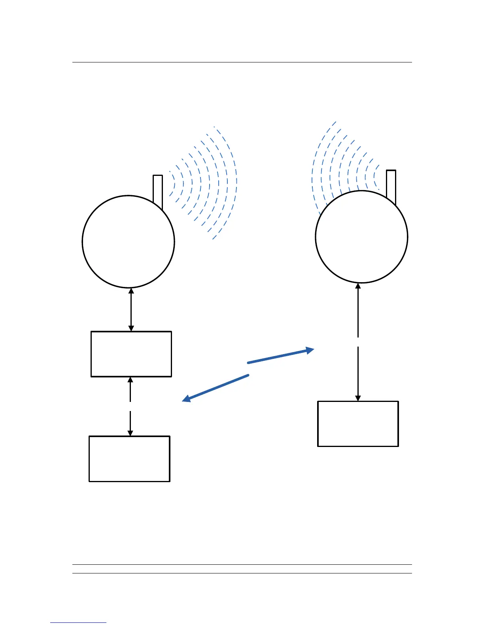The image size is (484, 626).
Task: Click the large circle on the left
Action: point(128,241)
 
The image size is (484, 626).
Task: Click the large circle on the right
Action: point(361,237)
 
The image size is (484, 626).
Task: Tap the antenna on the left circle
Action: point(158,190)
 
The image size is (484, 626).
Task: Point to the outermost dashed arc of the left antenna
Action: point(236,182)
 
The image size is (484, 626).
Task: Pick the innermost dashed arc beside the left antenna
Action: point(174,183)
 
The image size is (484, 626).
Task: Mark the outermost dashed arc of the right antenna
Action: point(313,174)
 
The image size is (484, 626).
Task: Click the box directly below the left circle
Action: point(131,354)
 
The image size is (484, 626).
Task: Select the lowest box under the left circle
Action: point(130,458)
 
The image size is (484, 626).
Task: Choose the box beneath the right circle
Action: point(358,424)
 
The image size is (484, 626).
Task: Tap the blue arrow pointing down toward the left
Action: point(216,388)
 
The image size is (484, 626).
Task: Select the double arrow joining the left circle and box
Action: point(131,309)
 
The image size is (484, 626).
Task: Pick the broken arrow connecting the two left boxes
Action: point(130,406)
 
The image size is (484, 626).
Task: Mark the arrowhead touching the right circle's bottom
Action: point(358,287)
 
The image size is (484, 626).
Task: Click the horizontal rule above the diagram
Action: point(242,62)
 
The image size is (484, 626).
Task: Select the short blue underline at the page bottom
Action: point(78,622)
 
